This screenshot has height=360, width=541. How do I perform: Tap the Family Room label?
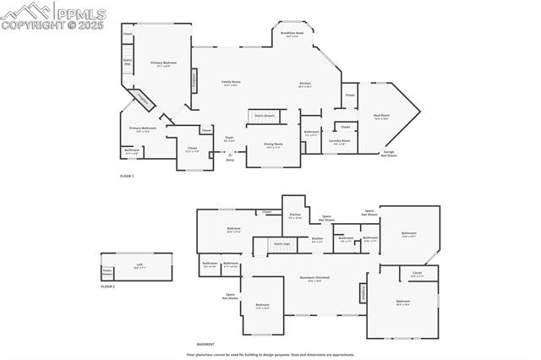tap(229, 83)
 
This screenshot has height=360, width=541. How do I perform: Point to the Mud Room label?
tap(380, 116)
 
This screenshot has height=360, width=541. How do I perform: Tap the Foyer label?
tap(229, 138)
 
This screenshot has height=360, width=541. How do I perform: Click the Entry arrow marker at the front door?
tap(229, 155)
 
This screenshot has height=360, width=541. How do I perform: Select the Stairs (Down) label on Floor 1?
tap(264, 115)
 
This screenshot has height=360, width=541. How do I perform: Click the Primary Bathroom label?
tap(142, 129)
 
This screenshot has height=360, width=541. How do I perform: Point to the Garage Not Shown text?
tap(389, 154)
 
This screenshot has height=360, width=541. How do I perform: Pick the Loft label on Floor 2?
tap(139, 265)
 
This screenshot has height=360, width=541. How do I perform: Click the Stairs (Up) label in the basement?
tap(281, 243)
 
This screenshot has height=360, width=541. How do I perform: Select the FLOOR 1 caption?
tap(127, 175)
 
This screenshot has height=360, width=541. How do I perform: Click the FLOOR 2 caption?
tap(107, 286)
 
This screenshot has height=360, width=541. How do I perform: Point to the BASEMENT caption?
tap(205, 344)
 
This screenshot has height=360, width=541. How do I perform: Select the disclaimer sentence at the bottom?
tap(270, 355)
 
